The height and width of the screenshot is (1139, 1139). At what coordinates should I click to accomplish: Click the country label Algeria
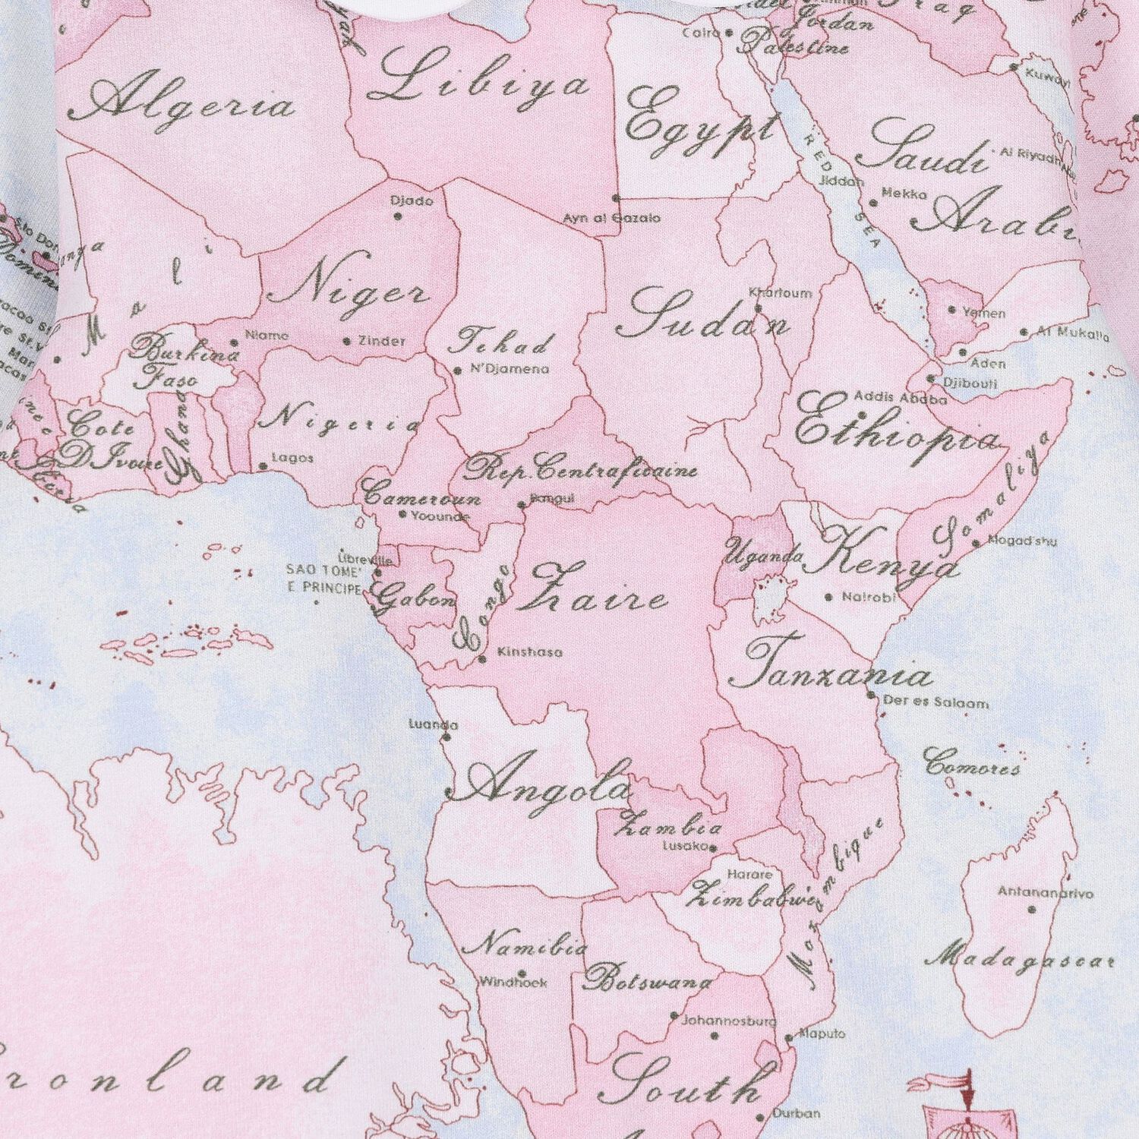[191, 104]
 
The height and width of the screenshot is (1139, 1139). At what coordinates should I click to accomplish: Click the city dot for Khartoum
[758, 308]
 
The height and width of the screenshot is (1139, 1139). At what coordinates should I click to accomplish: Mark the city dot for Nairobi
[829, 598]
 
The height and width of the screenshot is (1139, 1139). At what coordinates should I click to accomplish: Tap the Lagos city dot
[263, 467]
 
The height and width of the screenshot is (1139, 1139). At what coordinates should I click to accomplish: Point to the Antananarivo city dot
[1031, 909]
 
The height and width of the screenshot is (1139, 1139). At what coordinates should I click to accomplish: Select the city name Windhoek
[513, 982]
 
